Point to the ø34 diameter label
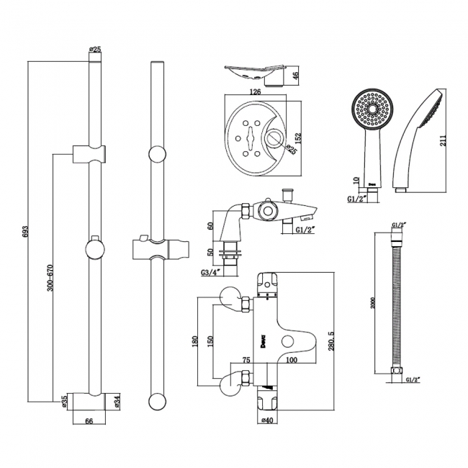(117, 400)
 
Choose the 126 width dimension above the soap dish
(253, 92)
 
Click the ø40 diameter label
(267, 420)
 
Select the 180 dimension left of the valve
(194, 340)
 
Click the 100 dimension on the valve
(292, 361)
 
